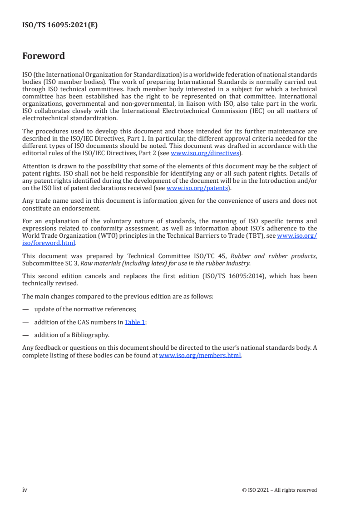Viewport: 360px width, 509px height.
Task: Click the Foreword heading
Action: (44, 56)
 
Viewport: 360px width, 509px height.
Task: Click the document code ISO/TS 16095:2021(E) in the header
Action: (60, 25)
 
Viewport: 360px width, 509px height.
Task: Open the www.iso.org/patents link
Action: (197, 188)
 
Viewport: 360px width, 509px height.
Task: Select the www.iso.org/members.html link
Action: (200, 356)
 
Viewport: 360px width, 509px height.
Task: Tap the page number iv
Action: (25, 490)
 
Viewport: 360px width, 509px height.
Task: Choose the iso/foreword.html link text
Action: (49, 243)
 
